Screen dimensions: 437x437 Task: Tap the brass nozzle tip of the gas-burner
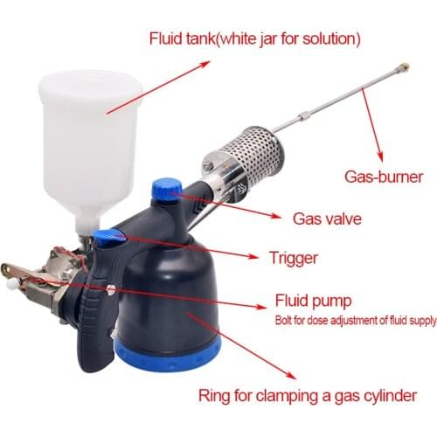[405, 67]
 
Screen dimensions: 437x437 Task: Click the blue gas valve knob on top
[166, 187]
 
